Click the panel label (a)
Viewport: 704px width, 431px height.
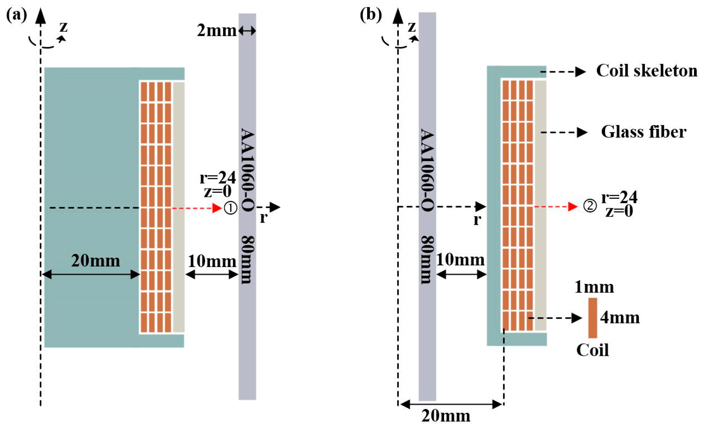(16, 15)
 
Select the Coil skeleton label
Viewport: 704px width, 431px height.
(647, 71)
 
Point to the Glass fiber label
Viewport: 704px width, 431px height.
(644, 132)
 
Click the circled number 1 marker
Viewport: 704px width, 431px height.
(230, 208)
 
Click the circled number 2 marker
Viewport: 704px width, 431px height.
(590, 206)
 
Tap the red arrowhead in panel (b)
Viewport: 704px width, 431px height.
(573, 206)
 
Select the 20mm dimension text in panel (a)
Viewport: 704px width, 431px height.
(96, 261)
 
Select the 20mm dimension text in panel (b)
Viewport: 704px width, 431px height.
(446, 416)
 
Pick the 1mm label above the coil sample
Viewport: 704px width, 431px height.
(594, 287)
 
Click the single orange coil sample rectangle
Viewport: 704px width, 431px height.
(593, 318)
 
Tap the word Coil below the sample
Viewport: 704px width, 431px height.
(593, 350)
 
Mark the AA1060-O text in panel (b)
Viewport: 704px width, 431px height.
(427, 170)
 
